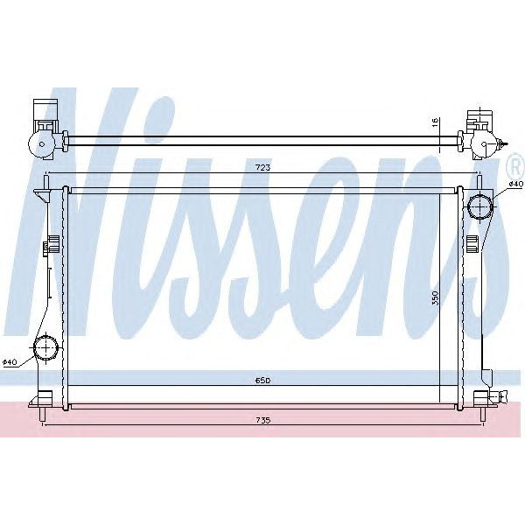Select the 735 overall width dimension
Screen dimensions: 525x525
(x=263, y=421)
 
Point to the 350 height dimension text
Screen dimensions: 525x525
(x=433, y=297)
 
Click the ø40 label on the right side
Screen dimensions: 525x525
(x=515, y=185)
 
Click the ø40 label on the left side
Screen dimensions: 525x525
(x=10, y=361)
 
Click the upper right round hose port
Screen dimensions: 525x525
(x=480, y=207)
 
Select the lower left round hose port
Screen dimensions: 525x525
(x=44, y=350)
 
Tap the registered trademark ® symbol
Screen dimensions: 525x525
(x=516, y=164)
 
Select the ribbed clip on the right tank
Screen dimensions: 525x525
(x=472, y=242)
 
